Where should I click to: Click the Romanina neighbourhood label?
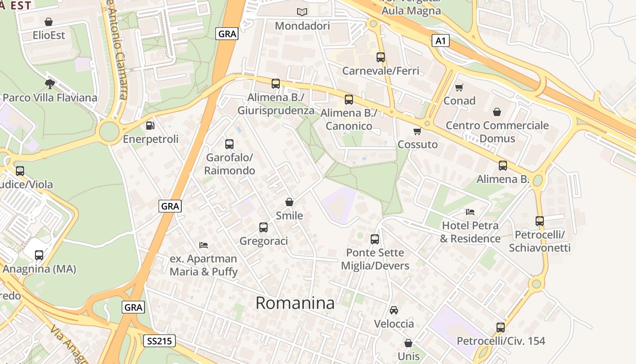click(295, 303)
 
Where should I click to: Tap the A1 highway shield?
click(440, 41)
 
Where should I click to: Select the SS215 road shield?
click(159, 341)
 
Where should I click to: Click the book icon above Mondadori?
click(302, 12)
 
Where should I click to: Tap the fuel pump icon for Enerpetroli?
click(150, 125)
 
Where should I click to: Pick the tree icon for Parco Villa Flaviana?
click(50, 84)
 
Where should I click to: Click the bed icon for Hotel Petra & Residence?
click(470, 212)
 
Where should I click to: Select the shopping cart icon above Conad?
click(459, 87)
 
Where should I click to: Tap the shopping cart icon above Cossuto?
click(417, 131)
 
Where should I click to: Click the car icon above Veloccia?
click(394, 310)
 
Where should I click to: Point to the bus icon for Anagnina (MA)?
click(39, 255)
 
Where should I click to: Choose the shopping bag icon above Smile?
click(289, 202)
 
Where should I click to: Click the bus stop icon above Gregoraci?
click(263, 227)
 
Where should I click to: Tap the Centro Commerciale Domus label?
click(497, 131)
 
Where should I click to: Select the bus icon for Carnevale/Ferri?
click(381, 57)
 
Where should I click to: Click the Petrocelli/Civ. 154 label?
click(501, 341)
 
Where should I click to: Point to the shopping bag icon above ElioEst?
click(49, 22)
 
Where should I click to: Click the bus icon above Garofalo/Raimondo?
click(229, 144)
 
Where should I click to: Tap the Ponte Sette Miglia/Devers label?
click(375, 259)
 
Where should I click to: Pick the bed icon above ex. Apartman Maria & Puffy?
click(204, 245)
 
